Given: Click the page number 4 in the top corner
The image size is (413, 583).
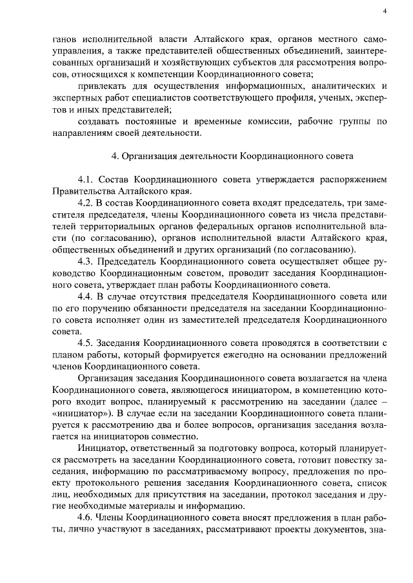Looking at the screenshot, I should click(x=385, y=10).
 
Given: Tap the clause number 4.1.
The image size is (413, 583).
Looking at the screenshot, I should click(x=86, y=178).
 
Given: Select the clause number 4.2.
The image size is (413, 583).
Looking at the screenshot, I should click(x=86, y=203).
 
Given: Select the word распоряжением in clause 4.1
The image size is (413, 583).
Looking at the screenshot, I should click(x=354, y=178).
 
